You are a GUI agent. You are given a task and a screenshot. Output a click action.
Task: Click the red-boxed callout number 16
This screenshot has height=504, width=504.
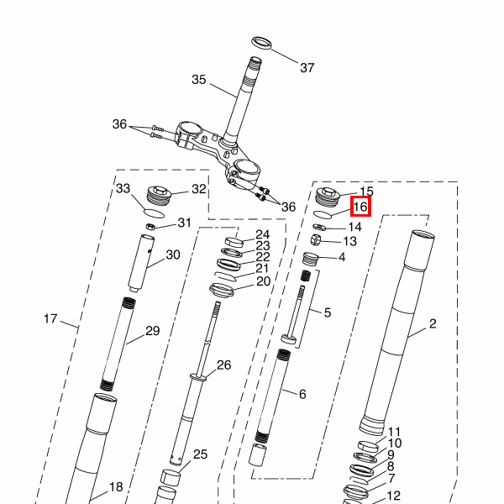point(360,207)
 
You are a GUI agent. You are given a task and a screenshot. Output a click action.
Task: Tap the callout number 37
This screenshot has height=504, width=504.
point(307,68)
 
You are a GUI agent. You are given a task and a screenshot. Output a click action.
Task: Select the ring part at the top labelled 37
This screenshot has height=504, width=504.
point(261,43)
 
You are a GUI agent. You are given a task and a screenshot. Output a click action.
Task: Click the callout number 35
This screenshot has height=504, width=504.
point(198,80)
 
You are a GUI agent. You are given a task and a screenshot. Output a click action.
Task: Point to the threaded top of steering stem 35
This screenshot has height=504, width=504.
point(253,69)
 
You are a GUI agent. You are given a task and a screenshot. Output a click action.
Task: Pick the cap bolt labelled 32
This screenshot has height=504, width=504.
point(159,195)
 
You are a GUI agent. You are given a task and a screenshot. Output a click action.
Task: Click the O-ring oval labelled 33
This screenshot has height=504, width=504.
point(154,213)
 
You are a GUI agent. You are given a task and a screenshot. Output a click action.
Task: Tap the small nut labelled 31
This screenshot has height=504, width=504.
point(150,227)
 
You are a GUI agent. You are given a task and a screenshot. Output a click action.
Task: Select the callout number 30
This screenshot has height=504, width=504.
point(172,255)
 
